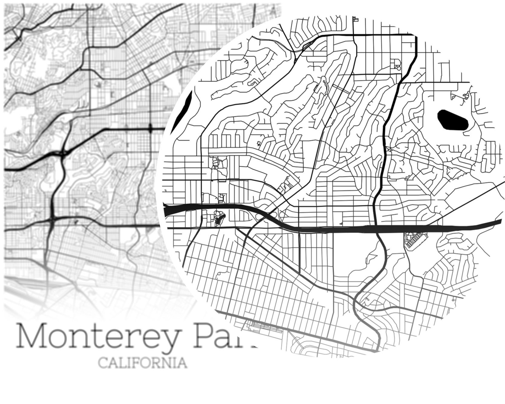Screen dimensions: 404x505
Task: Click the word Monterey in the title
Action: (x=97, y=336)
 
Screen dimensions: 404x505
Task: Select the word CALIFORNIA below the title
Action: (x=142, y=363)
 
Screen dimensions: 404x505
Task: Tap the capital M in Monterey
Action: (x=31, y=335)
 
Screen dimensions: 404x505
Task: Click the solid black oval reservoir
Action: (x=452, y=120)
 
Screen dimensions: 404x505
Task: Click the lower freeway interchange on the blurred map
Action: (x=52, y=219)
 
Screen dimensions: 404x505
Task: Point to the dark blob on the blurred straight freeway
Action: (x=150, y=129)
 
